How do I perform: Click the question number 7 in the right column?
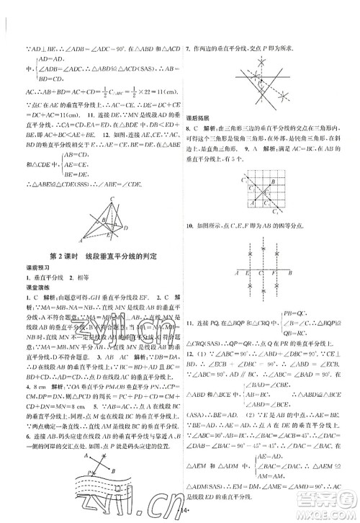(x=188, y=48)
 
